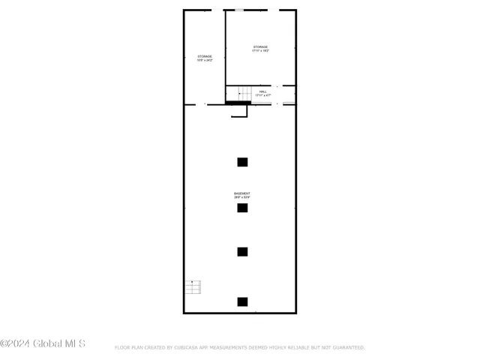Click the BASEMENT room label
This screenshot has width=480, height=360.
[x=242, y=193]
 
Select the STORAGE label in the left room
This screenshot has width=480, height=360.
[x=205, y=56]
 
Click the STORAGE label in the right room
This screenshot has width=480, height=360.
[x=260, y=47]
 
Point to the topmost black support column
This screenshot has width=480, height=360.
[x=242, y=161]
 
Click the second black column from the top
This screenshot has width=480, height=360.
[x=242, y=208]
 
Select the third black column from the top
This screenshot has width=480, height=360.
[x=242, y=252]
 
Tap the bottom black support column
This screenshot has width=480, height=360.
[x=242, y=301]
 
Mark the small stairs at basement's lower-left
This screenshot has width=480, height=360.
[x=193, y=286]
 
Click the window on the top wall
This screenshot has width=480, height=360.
[x=238, y=10]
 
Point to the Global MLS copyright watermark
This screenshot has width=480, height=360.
[x=43, y=344]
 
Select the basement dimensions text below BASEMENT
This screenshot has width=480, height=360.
[x=242, y=198]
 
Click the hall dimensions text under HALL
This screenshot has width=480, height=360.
[x=262, y=96]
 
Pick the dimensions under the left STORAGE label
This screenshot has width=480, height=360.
[x=205, y=61]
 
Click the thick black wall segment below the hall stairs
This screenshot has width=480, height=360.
[x=238, y=103]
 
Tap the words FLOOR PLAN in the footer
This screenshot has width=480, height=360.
[x=127, y=347]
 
